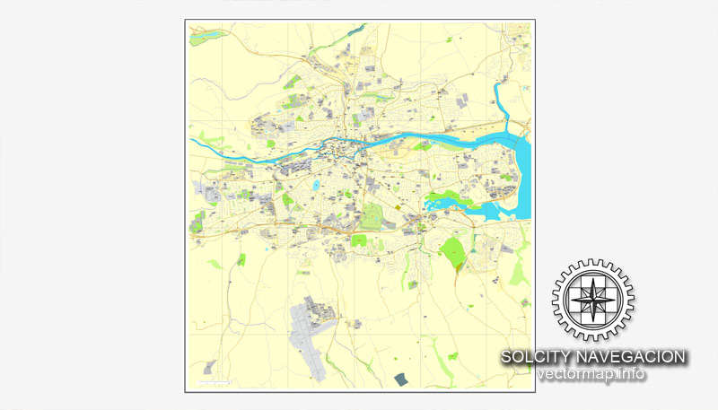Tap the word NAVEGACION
pyautogui.click(x=634, y=357)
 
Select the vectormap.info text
pyautogui.click(x=591, y=374)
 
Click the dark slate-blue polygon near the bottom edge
pyautogui.click(x=400, y=379)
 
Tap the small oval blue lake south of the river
pyautogui.click(x=316, y=186)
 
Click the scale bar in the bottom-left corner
pyautogui.click(x=214, y=383)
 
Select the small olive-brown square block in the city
pyautogui.click(x=398, y=207)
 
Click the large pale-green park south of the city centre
pyautogui.click(x=372, y=216)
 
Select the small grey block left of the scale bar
pyautogui.click(x=210, y=367)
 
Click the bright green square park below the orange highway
pyautogui.click(x=359, y=240)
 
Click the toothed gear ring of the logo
pyautogui.click(x=592, y=266)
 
